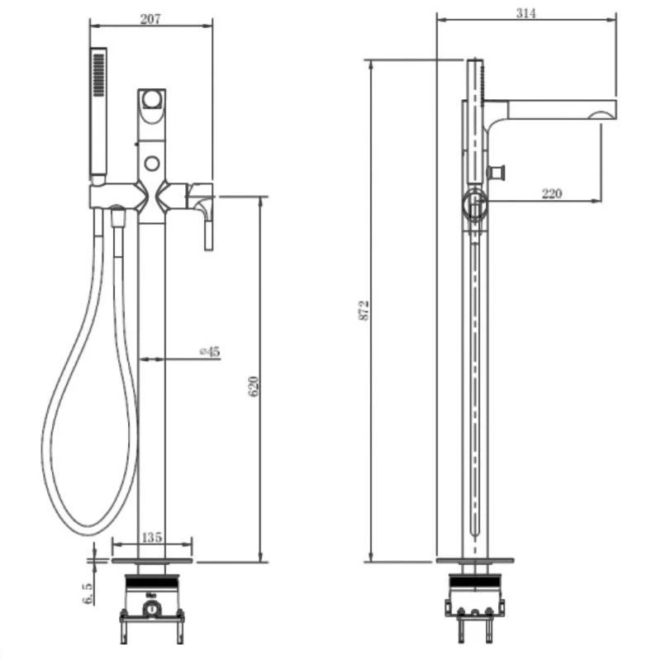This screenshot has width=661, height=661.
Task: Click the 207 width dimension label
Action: (150, 19)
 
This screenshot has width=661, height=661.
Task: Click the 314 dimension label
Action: (526, 13)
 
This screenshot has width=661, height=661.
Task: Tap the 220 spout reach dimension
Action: (551, 193)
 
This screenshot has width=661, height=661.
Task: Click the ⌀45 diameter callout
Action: (210, 351)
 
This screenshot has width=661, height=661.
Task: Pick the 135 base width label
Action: (151, 538)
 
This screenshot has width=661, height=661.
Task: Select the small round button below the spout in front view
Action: (151, 162)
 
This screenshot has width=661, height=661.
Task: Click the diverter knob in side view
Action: (497, 173)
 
